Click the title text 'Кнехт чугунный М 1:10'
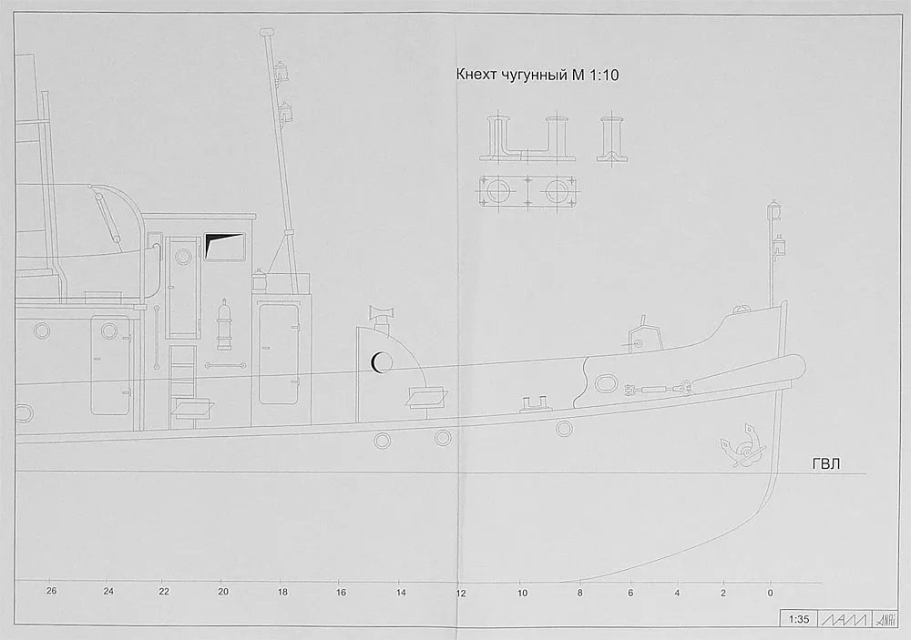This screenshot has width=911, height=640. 537,75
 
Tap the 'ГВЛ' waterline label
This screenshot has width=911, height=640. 825,464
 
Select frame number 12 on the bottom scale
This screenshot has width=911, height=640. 461,594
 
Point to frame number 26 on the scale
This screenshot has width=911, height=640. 52,591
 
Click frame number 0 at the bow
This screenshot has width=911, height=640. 771,593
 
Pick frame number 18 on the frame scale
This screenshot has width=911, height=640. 282,593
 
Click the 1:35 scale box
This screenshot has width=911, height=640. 799,619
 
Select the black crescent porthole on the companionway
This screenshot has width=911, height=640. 376,363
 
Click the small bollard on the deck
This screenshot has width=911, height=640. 533,403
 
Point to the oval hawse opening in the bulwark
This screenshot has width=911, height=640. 607,383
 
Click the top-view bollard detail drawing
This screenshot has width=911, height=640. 528,191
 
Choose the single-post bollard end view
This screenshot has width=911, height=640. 611,139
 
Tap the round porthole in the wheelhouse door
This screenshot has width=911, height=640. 183,257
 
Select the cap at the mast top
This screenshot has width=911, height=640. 267,32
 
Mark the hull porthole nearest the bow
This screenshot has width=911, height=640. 564,429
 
